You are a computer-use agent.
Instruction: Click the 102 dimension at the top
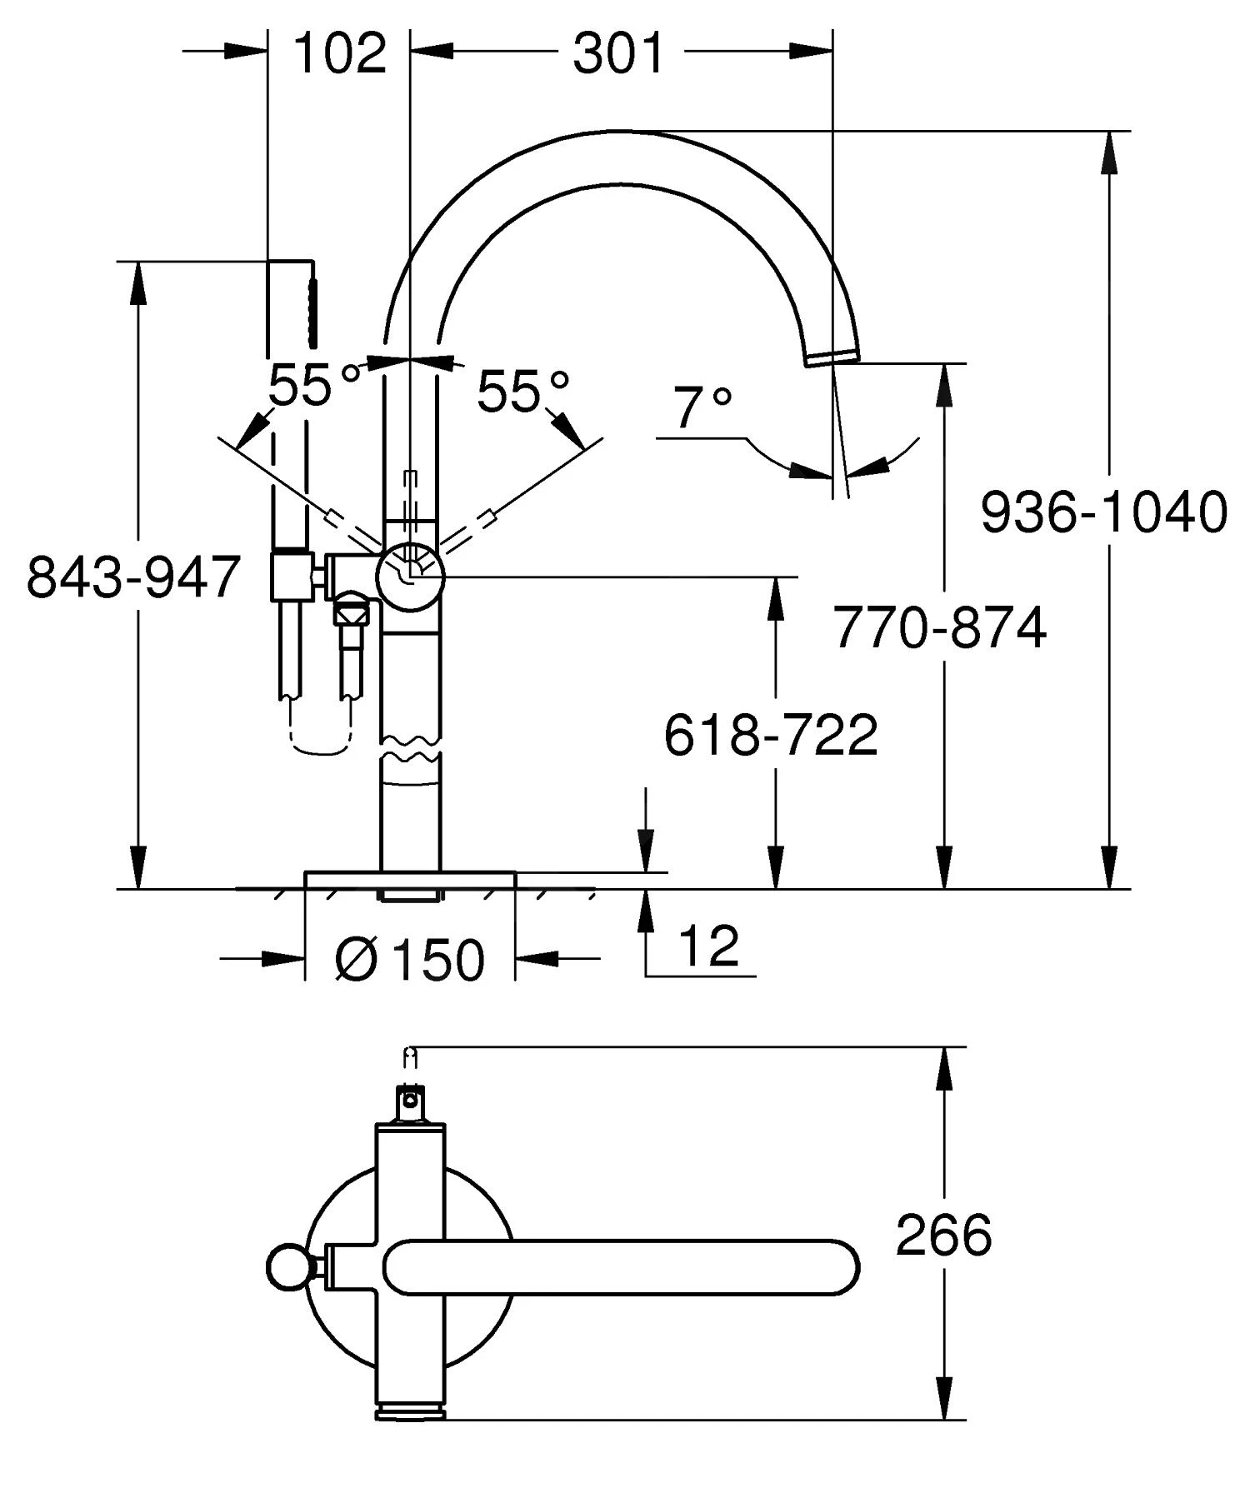(340, 53)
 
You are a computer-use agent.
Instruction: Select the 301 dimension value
(617, 53)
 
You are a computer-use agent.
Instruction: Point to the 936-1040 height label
(1102, 512)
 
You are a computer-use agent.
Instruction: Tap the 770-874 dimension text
(939, 627)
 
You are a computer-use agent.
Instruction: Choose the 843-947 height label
(133, 577)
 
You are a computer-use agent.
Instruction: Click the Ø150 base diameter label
(409, 959)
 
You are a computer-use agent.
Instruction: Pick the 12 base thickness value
(708, 946)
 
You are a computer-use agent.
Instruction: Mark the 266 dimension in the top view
(943, 1235)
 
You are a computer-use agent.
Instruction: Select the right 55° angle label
(522, 391)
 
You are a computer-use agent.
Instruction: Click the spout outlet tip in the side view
(832, 357)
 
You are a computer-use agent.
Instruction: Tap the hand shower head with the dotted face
(312, 304)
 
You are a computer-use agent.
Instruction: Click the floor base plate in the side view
(410, 881)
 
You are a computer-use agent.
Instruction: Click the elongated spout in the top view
(621, 1267)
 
